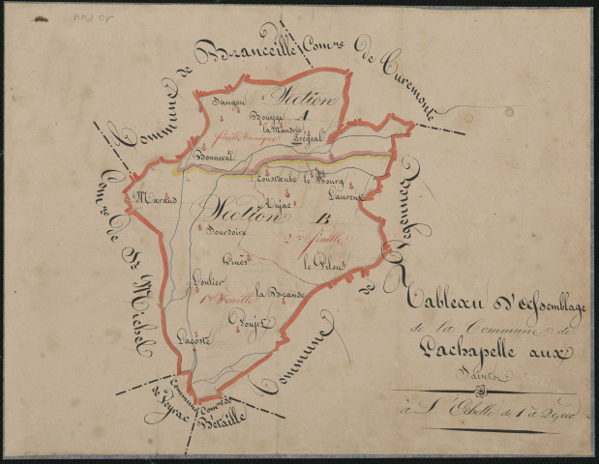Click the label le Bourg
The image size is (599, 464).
(319, 179)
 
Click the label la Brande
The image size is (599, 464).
(281, 293)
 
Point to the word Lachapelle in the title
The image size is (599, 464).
(481, 354)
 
